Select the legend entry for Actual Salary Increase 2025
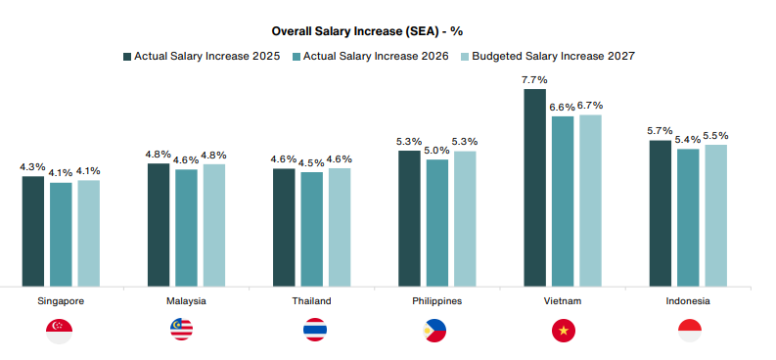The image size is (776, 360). [x=202, y=57]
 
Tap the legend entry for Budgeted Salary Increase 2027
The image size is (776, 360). [x=547, y=57]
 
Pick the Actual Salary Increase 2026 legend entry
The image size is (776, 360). [x=371, y=57]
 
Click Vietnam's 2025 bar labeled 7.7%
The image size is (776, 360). [x=535, y=188]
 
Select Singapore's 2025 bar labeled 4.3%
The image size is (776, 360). [x=33, y=232]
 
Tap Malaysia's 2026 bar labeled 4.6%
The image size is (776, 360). [x=186, y=228]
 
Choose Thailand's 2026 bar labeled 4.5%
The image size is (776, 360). [x=312, y=230]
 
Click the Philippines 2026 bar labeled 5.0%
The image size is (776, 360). [x=437, y=223]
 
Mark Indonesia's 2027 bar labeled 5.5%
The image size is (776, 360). [x=716, y=215]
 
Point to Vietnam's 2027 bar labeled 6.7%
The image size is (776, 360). [x=591, y=201]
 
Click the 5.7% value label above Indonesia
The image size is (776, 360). [x=660, y=131]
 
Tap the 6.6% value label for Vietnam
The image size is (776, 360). [x=563, y=108]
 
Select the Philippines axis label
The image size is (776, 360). [x=437, y=301]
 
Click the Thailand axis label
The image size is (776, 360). [x=312, y=301]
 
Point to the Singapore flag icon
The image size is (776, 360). [x=59, y=331]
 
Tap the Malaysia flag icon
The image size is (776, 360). [x=182, y=330]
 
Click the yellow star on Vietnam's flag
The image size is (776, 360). [x=564, y=331]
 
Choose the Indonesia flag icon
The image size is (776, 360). [x=689, y=331]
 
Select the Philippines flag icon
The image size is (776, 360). [x=434, y=331]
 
